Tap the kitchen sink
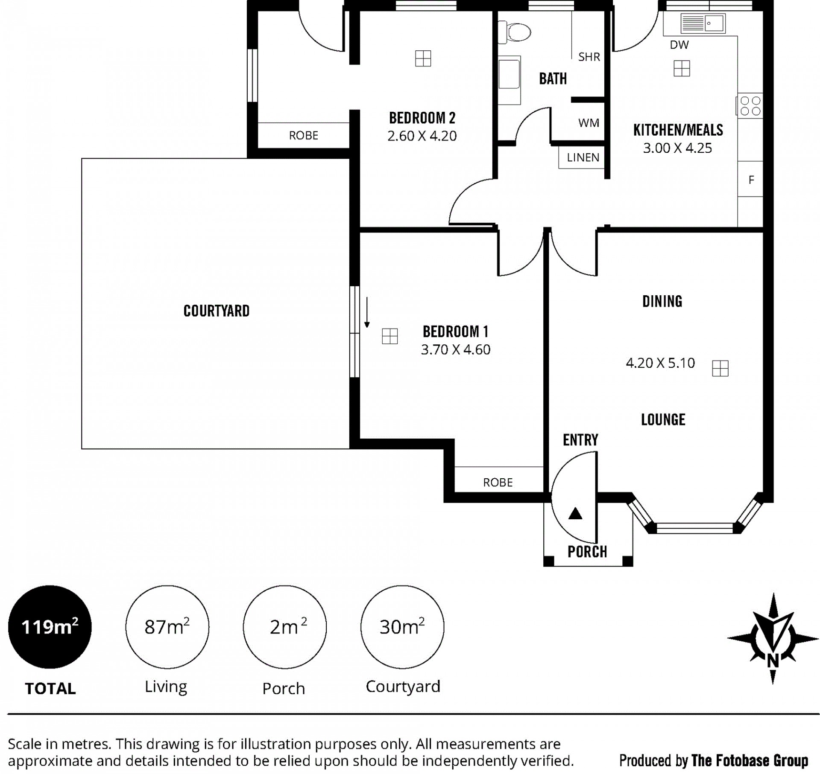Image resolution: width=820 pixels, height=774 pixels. (703, 23)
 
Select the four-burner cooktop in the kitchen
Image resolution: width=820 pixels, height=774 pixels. (750, 106)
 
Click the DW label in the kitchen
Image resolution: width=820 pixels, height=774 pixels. (679, 45)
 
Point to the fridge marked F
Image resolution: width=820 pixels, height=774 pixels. (751, 179)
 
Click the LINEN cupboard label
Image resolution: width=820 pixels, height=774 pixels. (583, 157)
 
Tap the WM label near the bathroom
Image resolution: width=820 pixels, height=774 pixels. (589, 123)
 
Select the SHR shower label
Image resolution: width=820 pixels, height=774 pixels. (589, 57)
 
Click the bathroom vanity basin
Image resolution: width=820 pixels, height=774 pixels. (509, 80)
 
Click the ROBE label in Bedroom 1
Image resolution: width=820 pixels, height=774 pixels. (498, 483)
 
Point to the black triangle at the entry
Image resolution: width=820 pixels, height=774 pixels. (575, 513)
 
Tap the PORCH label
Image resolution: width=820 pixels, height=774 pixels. (587, 552)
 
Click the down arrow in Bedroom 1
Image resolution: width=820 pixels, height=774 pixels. (367, 312)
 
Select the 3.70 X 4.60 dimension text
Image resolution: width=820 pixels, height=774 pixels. (455, 350)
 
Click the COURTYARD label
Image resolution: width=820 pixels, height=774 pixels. (216, 311)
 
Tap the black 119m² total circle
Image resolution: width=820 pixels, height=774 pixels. (50, 627)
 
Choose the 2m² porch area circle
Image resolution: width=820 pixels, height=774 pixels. (285, 627)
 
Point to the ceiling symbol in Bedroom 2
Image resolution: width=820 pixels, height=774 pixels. (423, 58)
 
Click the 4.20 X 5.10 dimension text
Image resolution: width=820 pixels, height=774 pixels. (660, 363)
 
